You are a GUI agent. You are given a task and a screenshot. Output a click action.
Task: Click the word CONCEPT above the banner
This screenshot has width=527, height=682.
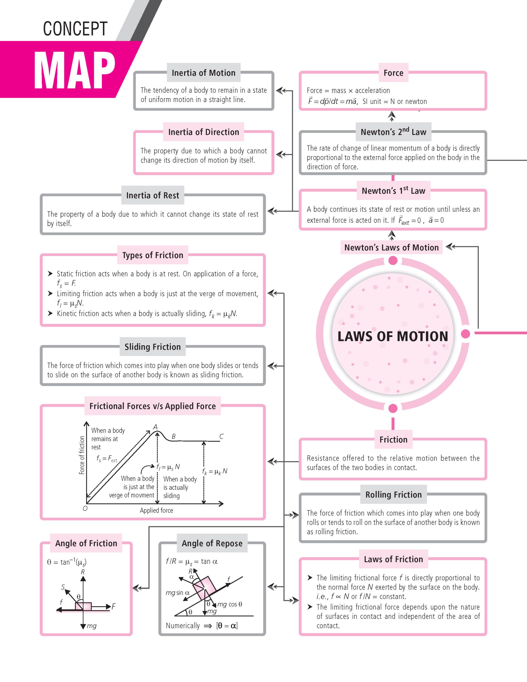[75, 29]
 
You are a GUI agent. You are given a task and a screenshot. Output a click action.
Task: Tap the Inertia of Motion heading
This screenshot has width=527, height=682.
[203, 73]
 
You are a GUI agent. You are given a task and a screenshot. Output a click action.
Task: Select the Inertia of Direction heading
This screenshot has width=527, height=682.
[203, 132]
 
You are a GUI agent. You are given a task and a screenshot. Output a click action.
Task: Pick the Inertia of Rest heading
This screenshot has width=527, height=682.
[152, 196]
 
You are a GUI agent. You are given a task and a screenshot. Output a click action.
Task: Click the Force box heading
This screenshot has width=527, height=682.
[393, 73]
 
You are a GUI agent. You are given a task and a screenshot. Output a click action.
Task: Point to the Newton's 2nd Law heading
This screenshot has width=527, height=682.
[393, 132]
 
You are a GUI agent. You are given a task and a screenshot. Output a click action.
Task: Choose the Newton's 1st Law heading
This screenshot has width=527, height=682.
[393, 190]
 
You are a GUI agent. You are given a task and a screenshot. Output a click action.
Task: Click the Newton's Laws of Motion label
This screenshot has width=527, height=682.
[391, 248]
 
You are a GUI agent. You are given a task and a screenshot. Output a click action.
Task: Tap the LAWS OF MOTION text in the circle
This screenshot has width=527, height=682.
[393, 336]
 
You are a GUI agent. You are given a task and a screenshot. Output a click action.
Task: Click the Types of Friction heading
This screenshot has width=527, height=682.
[152, 255]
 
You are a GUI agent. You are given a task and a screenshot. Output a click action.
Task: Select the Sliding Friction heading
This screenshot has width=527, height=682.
[152, 347]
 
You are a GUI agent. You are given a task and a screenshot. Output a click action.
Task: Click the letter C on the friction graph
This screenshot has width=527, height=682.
[221, 437]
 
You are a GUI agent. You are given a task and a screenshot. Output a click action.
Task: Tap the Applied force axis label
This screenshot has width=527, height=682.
[156, 510]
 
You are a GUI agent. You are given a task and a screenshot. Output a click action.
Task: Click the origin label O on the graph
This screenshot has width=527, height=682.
[85, 509]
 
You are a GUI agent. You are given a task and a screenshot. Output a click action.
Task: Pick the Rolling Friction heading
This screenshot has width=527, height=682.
[393, 495]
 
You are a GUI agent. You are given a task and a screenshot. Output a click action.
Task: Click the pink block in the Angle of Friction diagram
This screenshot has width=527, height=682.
[83, 606]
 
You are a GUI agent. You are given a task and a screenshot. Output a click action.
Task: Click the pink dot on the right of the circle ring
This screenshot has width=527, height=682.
[465, 334]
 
